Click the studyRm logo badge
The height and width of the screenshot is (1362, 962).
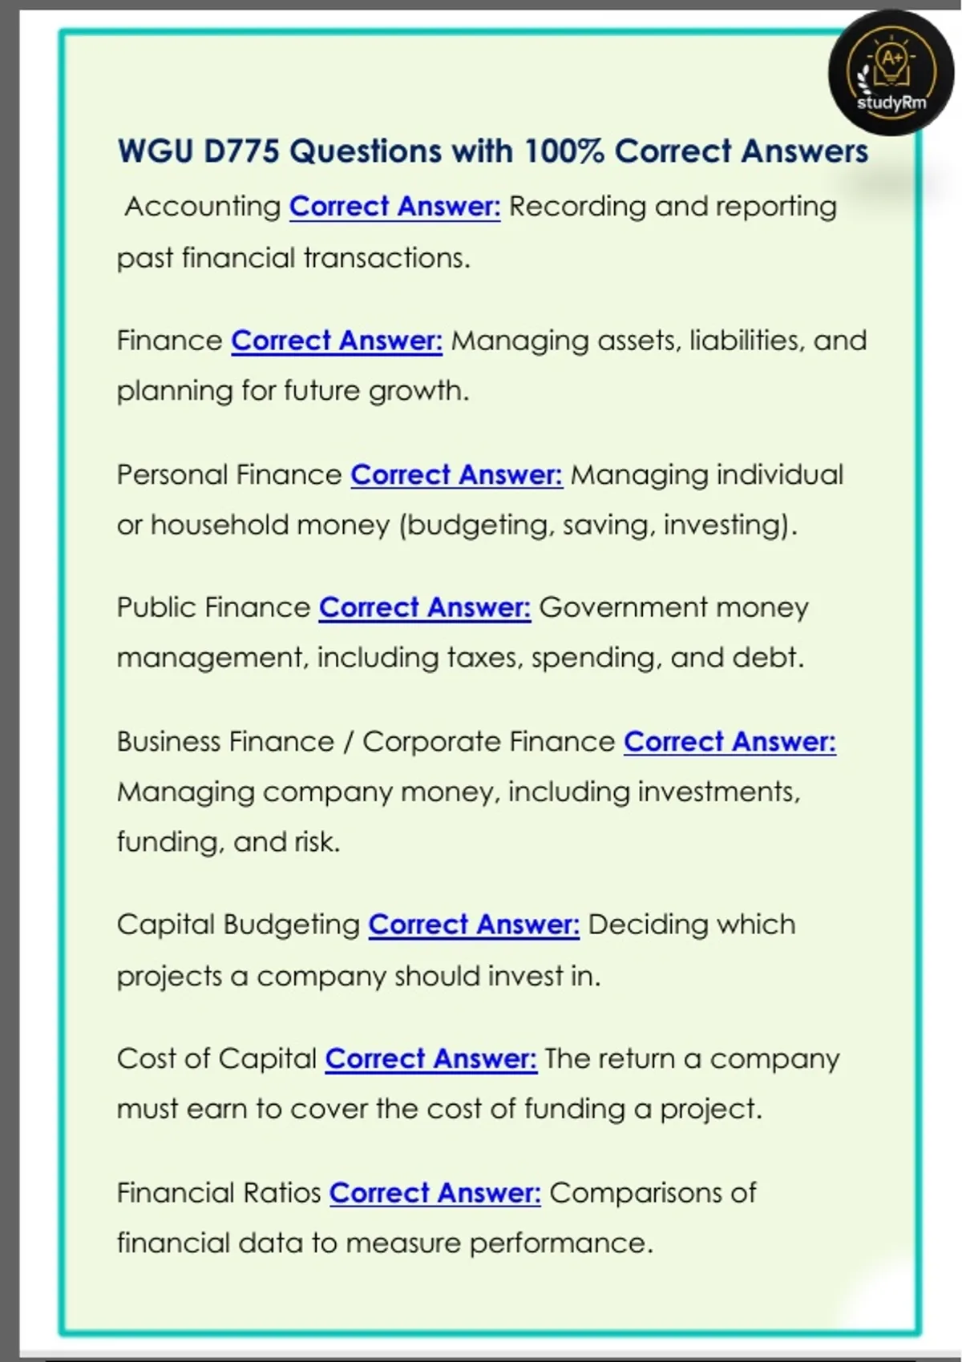tap(891, 73)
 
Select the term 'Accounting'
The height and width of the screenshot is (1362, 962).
tap(202, 207)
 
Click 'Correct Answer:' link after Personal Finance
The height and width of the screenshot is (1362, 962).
tap(456, 475)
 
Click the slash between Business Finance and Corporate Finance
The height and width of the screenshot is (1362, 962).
tap(348, 742)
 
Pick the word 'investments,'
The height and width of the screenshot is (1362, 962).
tap(718, 792)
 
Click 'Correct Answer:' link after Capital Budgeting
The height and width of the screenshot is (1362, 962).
tap(473, 925)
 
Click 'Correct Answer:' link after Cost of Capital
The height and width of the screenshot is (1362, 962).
tap(430, 1059)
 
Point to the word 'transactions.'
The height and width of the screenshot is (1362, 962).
tap(386, 258)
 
